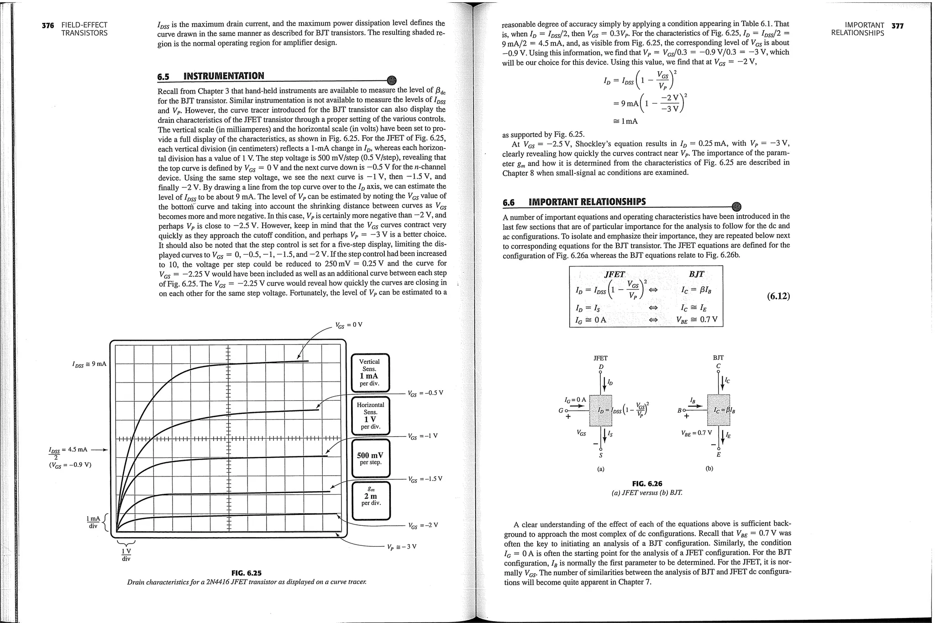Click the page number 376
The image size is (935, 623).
(x=47, y=26)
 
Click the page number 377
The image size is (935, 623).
(x=897, y=26)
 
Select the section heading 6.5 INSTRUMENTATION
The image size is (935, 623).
(x=210, y=76)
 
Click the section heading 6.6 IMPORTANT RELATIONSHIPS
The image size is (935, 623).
(x=574, y=202)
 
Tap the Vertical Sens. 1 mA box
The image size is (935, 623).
(x=370, y=372)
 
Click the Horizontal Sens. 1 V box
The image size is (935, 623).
(x=370, y=415)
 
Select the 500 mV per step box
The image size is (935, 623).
(x=370, y=458)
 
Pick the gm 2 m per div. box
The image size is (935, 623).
(x=371, y=500)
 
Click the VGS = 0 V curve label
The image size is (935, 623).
(x=349, y=325)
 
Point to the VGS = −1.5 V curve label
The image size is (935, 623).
(x=425, y=479)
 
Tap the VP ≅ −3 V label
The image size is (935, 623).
(x=402, y=547)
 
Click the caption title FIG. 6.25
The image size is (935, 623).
(x=247, y=573)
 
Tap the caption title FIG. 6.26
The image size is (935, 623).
(x=647, y=483)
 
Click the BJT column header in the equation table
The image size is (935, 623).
(x=696, y=274)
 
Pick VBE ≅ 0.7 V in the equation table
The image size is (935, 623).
(x=697, y=319)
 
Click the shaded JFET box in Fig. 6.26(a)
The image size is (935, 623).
(x=601, y=410)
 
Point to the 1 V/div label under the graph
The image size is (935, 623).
(x=126, y=555)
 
